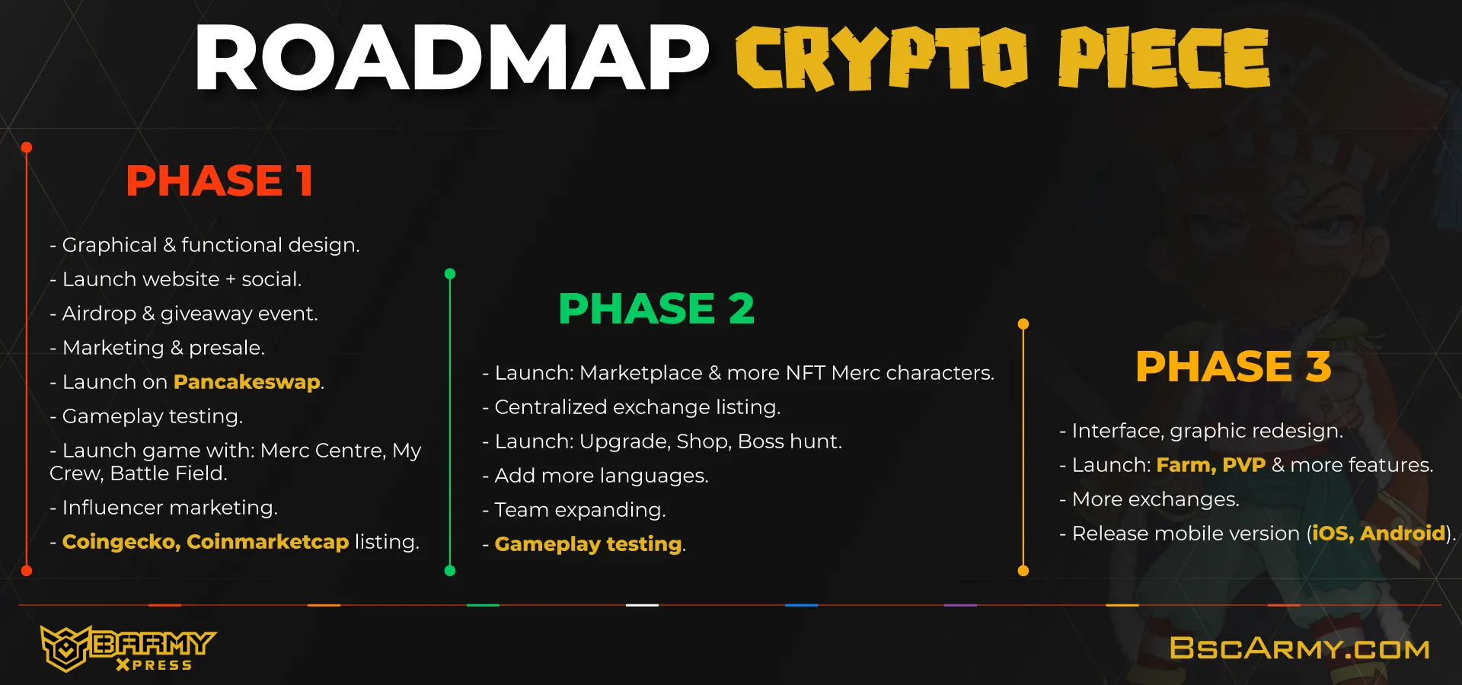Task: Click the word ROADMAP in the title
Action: [x=452, y=58]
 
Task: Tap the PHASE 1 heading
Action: [x=219, y=181]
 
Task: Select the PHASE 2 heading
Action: [x=656, y=308]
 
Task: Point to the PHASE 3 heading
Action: [x=1234, y=366]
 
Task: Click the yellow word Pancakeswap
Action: [x=247, y=382]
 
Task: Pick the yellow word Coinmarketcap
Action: [x=267, y=542]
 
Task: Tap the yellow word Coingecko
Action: [x=121, y=542]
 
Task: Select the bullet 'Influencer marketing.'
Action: [x=164, y=508]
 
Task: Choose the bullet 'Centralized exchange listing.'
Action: [x=631, y=407]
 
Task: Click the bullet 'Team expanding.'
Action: [x=574, y=510]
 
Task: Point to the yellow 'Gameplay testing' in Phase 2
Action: [x=588, y=544]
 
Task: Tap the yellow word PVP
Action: [x=1243, y=465]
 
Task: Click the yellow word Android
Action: [x=1403, y=534]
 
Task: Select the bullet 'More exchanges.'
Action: [x=1150, y=499]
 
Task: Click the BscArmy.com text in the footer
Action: [x=1299, y=648]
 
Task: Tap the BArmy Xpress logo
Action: [x=128, y=648]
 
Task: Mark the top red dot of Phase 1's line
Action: [x=27, y=148]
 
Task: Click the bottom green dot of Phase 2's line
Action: [x=450, y=571]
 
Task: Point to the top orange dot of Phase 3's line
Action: [x=1023, y=324]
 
